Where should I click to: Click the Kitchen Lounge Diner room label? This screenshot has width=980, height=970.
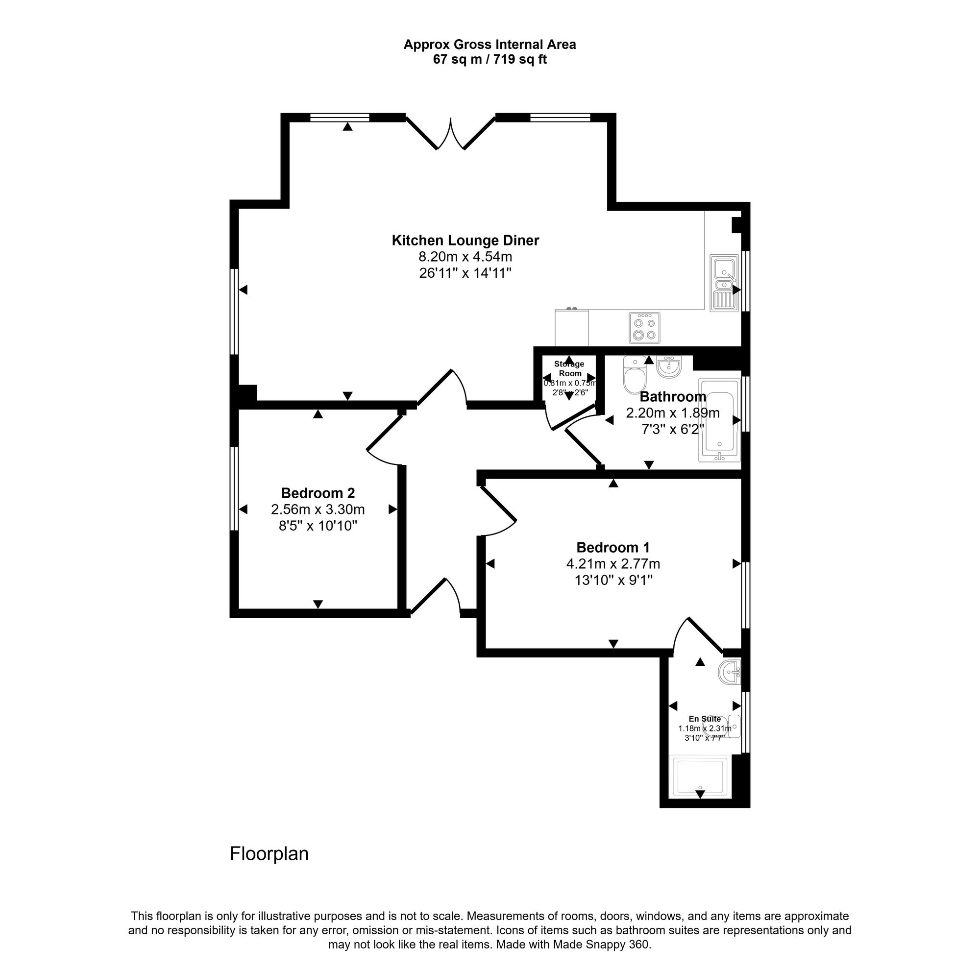pos(465,241)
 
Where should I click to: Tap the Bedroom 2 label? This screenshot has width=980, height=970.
pos(318,493)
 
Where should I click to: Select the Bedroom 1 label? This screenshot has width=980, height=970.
pos(613,548)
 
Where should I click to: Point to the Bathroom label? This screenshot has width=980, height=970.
pos(673,396)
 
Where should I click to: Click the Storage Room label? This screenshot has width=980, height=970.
pos(569,368)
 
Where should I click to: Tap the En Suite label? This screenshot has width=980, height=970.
pos(705,719)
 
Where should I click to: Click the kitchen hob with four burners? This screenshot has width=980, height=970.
pos(644,328)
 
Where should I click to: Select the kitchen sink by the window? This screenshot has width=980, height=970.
pos(724,283)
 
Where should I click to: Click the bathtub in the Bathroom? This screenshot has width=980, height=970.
pos(719,420)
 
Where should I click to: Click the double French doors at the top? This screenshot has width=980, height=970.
pos(450,133)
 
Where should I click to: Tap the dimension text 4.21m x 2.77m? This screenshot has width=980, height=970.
pos(613,564)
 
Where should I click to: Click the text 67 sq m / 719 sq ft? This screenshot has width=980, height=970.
pos(490,59)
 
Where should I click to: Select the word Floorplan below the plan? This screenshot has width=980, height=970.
pos(269,854)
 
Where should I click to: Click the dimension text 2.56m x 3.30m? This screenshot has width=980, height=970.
pos(318,509)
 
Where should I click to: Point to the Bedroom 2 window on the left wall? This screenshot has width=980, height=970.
pos(234,488)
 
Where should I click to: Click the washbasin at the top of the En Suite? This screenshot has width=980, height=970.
pos(730,672)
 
